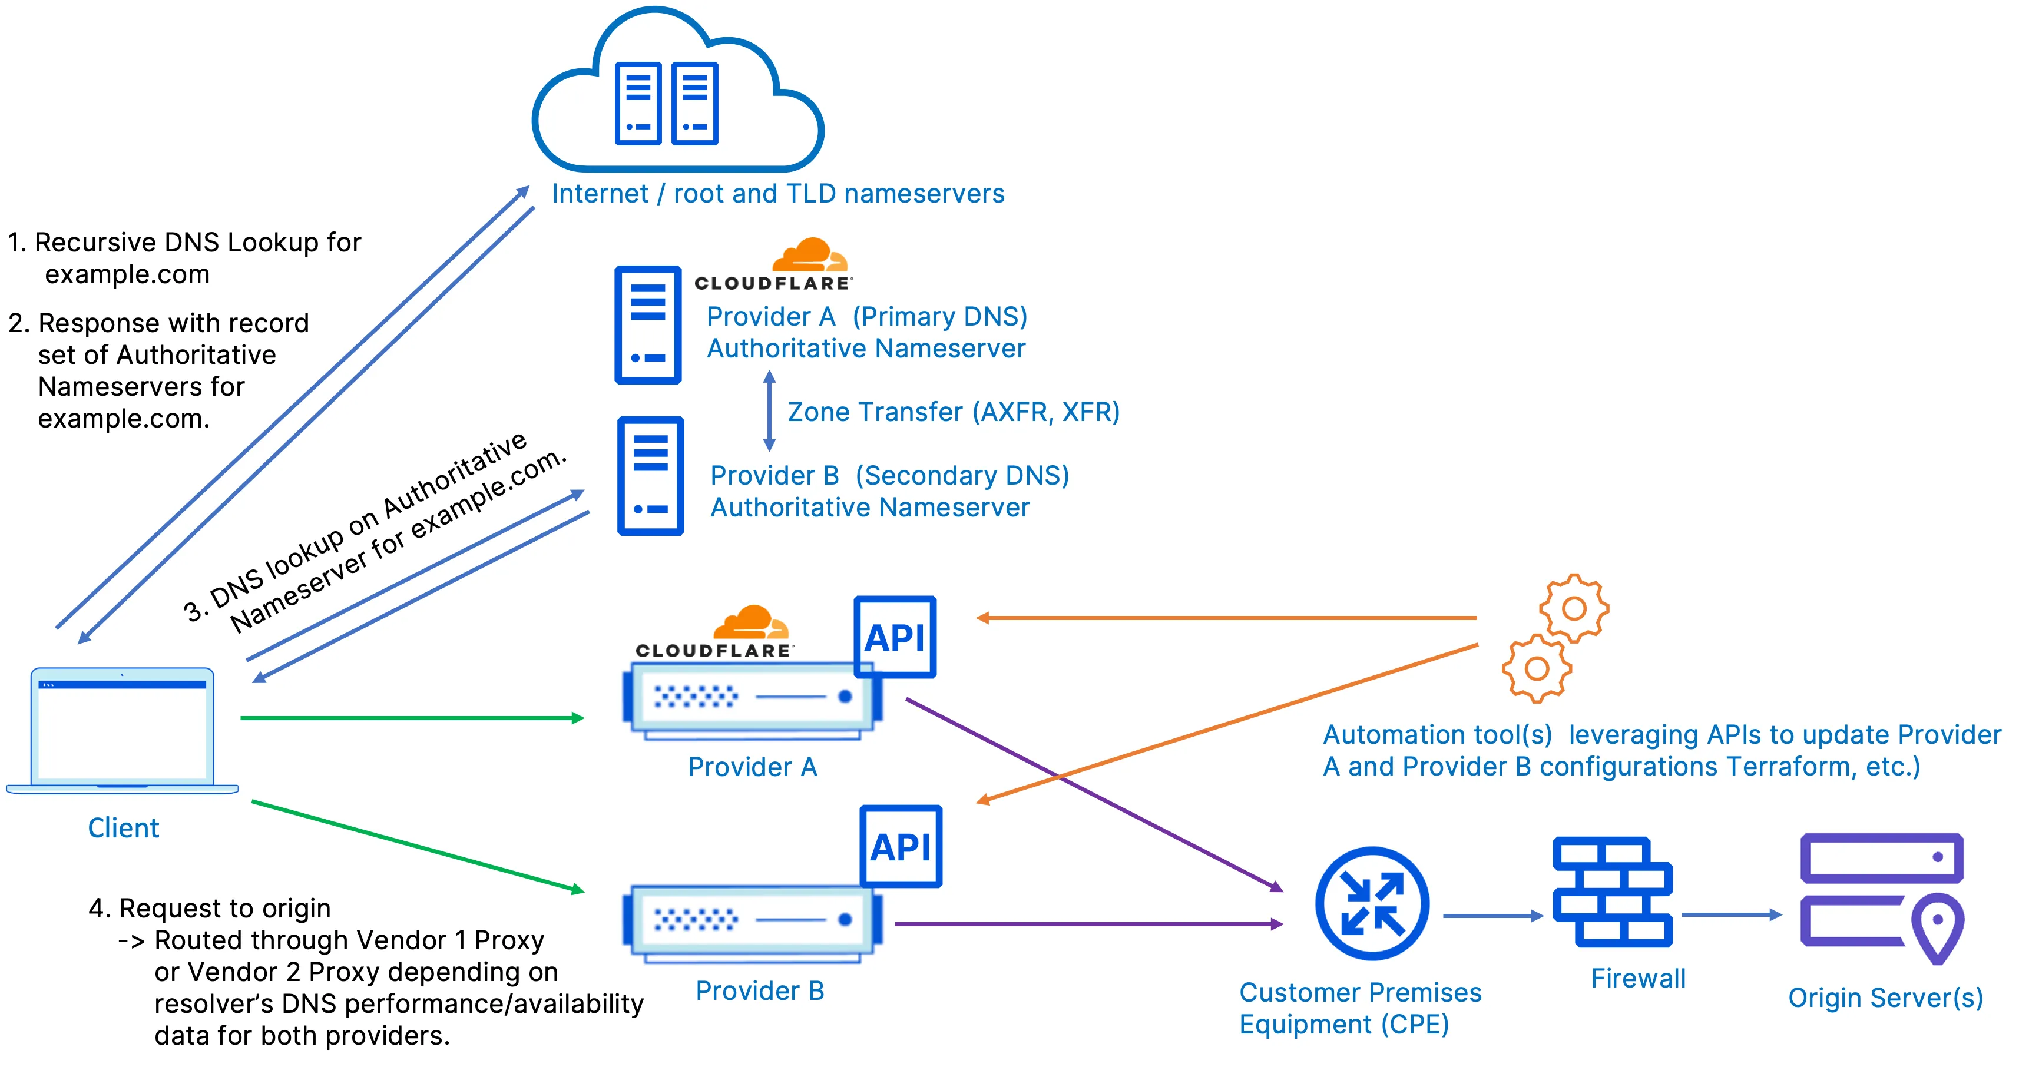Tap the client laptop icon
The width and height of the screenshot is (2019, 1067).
pos(123,730)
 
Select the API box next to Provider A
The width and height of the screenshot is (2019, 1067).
pos(894,637)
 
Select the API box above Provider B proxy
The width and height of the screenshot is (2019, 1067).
pos(901,846)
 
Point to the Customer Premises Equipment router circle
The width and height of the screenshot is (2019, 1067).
pos(1372,903)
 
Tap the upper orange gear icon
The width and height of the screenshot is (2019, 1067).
pos(1573,609)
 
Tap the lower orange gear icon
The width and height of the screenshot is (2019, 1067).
pos(1536,668)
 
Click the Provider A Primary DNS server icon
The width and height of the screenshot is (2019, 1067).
pos(647,324)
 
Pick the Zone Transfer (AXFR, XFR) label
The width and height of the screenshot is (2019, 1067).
pos(953,412)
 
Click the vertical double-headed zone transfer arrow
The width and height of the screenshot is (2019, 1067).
pos(769,411)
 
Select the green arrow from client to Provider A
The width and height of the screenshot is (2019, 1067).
pos(412,718)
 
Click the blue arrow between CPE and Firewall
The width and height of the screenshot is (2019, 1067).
pos(1491,915)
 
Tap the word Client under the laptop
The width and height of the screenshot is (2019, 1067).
pos(123,828)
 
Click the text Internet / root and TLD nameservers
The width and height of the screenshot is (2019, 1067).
pos(777,194)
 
